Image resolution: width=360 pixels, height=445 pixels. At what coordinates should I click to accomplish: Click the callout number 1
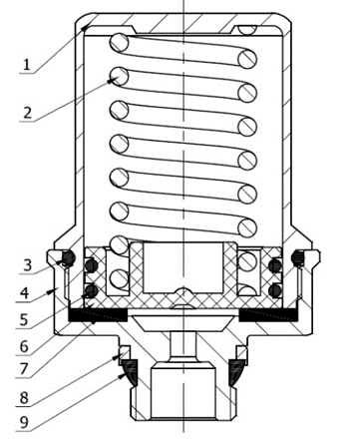pos(26,64)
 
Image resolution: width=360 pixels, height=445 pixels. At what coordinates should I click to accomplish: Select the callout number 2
pos(28,113)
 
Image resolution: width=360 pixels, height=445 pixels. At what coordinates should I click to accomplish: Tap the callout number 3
pos(28,265)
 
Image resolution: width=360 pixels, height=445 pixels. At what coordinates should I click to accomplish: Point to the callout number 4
pos(24,293)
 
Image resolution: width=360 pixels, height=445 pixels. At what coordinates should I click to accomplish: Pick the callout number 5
pos(24,319)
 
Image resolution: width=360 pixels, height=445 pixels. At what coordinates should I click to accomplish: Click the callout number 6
pos(24,346)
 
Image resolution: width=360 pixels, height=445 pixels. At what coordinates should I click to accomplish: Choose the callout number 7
pos(24,369)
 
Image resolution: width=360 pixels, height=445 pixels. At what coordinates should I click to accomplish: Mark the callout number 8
pos(24,397)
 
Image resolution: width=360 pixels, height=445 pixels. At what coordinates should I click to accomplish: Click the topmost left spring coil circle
pos(119,43)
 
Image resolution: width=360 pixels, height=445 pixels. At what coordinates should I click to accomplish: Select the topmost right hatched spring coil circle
pos(247,59)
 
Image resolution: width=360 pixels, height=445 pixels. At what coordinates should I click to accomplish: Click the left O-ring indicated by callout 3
pos(68,258)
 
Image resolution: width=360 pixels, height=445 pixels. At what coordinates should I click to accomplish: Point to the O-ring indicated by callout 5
pos(91,291)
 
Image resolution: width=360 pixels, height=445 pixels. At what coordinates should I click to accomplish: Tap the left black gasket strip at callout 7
pos(98,315)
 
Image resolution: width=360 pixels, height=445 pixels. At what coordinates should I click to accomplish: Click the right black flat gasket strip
pos(269,315)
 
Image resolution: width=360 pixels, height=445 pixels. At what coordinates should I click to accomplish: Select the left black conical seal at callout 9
pos(129,372)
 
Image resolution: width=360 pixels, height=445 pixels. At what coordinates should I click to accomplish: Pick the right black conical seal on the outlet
pos(236,372)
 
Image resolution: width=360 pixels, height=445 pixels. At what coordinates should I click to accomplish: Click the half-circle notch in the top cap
pos(247,30)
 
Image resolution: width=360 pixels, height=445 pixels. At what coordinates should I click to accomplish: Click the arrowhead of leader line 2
pos(113,80)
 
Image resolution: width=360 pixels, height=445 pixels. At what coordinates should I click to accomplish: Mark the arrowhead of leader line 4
pos(51,291)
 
